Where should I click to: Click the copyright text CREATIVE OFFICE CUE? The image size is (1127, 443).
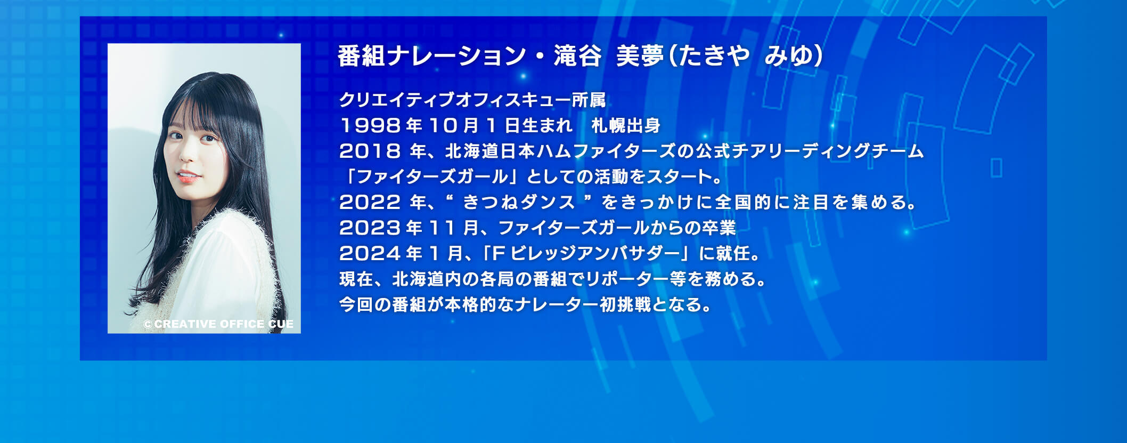pos(218,324)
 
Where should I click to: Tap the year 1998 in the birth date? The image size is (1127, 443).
pos(370,126)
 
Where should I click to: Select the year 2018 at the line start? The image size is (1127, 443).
pos(370,151)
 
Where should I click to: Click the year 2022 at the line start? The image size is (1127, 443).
pos(370,203)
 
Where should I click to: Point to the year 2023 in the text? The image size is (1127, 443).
pos(370,228)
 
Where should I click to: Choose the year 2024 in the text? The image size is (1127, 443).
pos(370,254)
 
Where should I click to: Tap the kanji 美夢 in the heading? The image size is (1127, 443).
pos(640,56)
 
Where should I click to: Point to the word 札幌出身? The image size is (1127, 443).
pos(626,126)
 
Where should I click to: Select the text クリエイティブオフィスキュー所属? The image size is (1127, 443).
pos(472,100)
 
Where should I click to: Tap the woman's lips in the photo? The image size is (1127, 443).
pos(187,176)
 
